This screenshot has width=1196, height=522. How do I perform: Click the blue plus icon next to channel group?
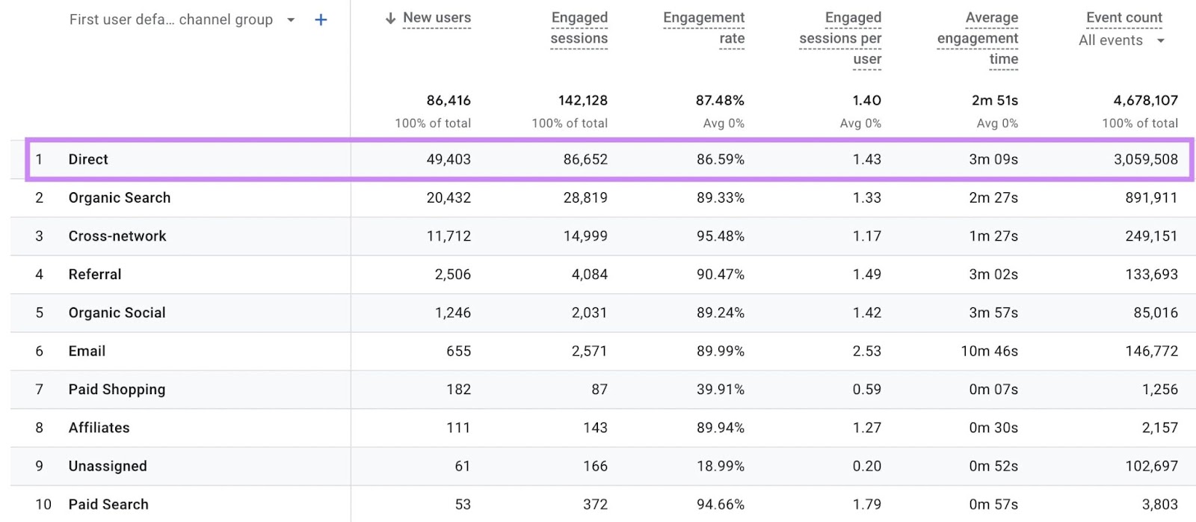coord(321,20)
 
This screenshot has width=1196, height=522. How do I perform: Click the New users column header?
coord(437,18)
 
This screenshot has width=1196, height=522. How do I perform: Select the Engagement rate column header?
coord(704,28)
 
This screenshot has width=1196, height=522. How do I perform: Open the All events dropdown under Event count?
coord(1121,40)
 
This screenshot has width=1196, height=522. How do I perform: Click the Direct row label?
coord(88,159)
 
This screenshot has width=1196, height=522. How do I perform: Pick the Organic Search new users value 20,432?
coord(449,197)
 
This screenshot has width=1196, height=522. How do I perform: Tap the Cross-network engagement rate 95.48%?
coord(720,236)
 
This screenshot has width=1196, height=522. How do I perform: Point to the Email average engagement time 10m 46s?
coord(989,351)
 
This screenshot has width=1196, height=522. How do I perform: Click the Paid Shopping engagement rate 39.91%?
coord(720,389)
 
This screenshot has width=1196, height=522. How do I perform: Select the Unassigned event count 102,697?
coord(1151,466)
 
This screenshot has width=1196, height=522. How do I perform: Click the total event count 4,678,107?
coord(1145,100)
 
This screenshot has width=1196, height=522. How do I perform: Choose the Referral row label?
coord(95,274)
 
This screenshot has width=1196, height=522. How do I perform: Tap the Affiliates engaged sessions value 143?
coord(595,428)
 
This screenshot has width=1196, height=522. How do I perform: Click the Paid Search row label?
coord(108,504)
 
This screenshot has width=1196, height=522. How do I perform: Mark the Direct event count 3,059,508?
coord(1145,159)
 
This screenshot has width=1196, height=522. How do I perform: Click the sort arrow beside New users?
coord(390,19)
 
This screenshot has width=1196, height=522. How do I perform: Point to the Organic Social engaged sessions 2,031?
coord(589,313)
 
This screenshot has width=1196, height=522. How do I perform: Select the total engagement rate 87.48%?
coord(720,100)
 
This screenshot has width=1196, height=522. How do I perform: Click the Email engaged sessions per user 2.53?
coord(866,351)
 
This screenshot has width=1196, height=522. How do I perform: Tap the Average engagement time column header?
coord(978,38)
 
